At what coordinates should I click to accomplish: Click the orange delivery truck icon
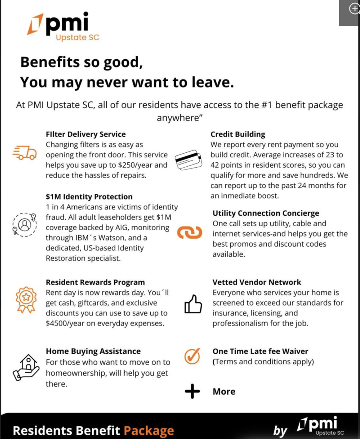tap(24, 152)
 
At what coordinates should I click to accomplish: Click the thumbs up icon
tap(193, 304)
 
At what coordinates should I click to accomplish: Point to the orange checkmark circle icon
tap(192, 356)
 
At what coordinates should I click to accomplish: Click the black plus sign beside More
tap(192, 392)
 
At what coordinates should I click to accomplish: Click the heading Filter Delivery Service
tap(86, 135)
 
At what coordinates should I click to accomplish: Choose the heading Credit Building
tap(238, 135)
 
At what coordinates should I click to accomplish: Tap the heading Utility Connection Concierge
tap(266, 213)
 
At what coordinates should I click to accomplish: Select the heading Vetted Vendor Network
tap(257, 282)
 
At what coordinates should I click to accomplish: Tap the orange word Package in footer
tap(149, 430)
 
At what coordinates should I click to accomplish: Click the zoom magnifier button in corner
tap(354, 9)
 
